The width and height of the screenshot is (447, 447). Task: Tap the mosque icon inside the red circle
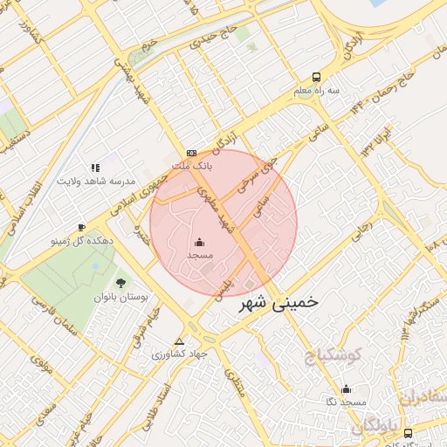(x=200, y=242)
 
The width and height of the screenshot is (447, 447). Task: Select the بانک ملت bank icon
(x=191, y=153)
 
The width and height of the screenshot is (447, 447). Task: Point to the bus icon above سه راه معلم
(x=315, y=76)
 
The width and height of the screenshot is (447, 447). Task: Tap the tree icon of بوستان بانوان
(x=120, y=283)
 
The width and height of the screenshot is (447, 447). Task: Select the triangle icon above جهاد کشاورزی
(x=180, y=341)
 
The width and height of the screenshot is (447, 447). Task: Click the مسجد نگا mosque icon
(x=346, y=389)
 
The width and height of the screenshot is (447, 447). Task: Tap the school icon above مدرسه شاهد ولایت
(x=95, y=167)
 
